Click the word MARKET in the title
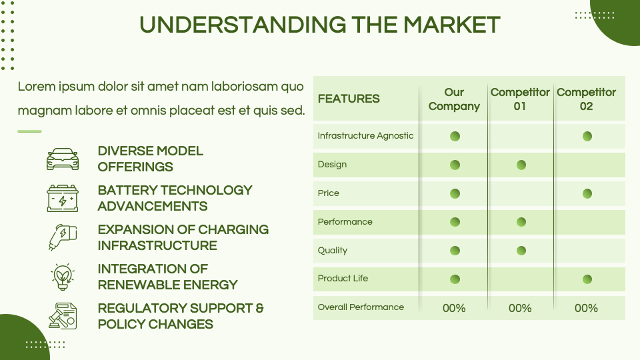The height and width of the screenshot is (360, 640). pyautogui.click(x=451, y=25)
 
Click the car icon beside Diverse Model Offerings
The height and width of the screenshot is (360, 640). pyautogui.click(x=63, y=159)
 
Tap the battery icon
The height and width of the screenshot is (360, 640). pyautogui.click(x=63, y=198)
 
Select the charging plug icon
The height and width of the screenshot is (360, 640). pyautogui.click(x=63, y=237)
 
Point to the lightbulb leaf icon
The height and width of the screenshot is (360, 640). pyautogui.click(x=63, y=276)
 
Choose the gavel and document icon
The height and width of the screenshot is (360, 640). pyautogui.click(x=63, y=315)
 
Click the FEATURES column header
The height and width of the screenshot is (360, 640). pyautogui.click(x=349, y=99)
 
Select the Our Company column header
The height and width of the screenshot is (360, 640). pyautogui.click(x=454, y=99)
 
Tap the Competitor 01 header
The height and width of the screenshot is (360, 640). pyautogui.click(x=520, y=99)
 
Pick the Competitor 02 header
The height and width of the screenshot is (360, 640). pyautogui.click(x=586, y=99)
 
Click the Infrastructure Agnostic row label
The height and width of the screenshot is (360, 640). pyautogui.click(x=365, y=136)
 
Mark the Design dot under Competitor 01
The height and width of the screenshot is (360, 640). pyautogui.click(x=521, y=165)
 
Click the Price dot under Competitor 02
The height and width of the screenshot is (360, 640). pyautogui.click(x=587, y=193)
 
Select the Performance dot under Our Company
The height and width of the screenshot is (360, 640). pyautogui.click(x=455, y=222)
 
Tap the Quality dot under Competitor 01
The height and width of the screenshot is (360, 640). pyautogui.click(x=521, y=251)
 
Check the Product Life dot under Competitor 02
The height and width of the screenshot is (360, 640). pyautogui.click(x=587, y=279)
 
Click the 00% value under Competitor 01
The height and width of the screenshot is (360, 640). pyautogui.click(x=520, y=308)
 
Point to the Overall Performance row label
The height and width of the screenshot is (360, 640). pyautogui.click(x=361, y=307)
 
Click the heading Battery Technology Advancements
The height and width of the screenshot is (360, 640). pyautogui.click(x=175, y=198)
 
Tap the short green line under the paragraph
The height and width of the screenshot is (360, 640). pyautogui.click(x=29, y=131)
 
